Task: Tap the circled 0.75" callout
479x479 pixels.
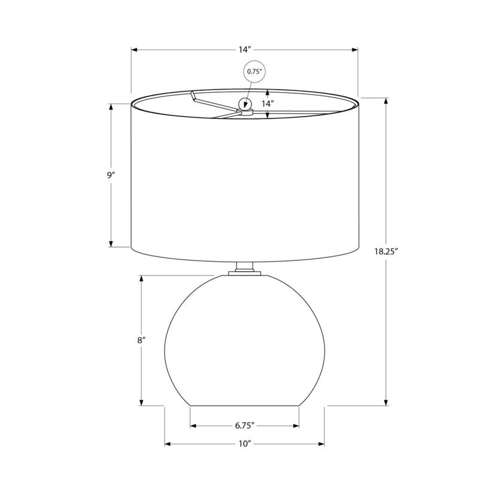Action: (254, 71)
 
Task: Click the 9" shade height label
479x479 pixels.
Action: (111, 175)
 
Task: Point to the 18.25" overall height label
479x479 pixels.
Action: (386, 251)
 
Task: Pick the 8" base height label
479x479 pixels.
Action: (141, 340)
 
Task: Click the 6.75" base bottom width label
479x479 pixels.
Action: (244, 426)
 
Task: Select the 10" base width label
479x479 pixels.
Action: (244, 444)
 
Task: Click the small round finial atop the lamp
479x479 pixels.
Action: (244, 105)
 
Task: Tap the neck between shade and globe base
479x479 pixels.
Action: (244, 269)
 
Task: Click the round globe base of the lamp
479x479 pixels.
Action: (244, 341)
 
